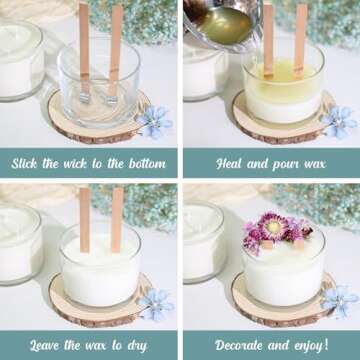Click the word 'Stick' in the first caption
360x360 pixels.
pos(31,162)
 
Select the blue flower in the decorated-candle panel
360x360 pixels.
pos(338,300)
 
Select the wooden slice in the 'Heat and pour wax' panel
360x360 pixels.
pos(245,120)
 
